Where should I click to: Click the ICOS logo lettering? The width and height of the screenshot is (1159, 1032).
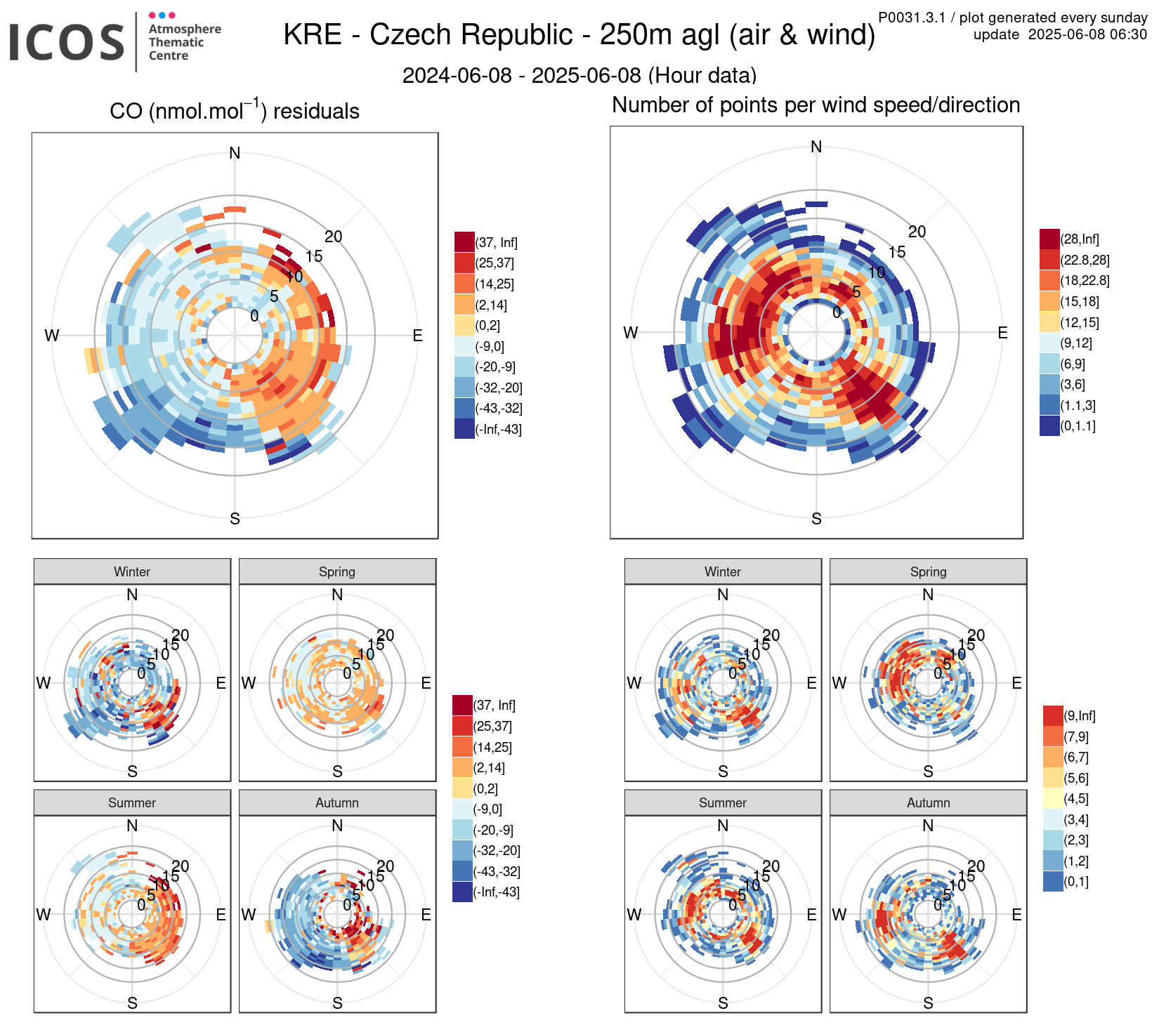click(67, 42)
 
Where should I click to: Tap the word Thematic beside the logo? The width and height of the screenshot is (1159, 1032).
click(176, 42)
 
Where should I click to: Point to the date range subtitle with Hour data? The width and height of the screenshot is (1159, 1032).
click(579, 75)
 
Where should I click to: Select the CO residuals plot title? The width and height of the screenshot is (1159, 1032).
click(235, 111)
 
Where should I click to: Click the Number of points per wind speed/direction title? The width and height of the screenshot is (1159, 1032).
click(816, 105)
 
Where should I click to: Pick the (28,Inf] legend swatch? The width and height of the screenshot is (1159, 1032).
click(1049, 239)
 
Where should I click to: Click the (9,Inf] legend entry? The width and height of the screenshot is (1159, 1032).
click(1053, 716)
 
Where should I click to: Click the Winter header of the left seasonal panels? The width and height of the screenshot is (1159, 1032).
click(132, 571)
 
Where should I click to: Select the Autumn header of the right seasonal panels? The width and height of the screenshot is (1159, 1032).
click(928, 802)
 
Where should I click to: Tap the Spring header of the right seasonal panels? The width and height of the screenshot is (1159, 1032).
click(928, 571)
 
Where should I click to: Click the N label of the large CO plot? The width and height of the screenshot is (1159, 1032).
click(235, 153)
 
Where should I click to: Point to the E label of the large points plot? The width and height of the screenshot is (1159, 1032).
click(1002, 333)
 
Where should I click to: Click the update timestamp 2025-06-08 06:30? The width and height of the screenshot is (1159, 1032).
click(1087, 34)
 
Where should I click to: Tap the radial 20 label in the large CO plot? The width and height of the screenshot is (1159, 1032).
click(333, 237)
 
